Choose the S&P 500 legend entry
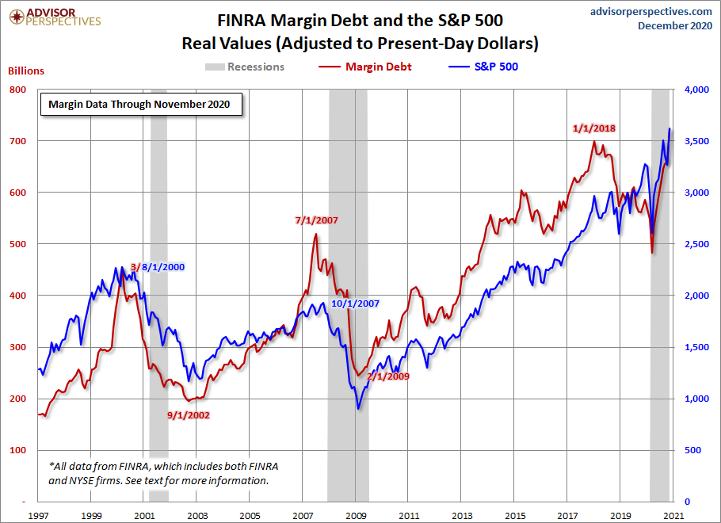pos(485,67)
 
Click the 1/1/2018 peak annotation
pos(594,128)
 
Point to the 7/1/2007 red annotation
pos(317,220)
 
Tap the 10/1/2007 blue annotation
pos(356,303)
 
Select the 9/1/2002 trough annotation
pos(188,414)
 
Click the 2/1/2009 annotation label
pos(387,376)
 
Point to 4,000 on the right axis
pos(694,90)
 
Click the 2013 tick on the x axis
pos(461,516)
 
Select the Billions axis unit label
pos(26,71)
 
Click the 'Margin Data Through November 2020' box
pos(141,104)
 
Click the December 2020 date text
pos(675,26)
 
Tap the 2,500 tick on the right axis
pos(694,244)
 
